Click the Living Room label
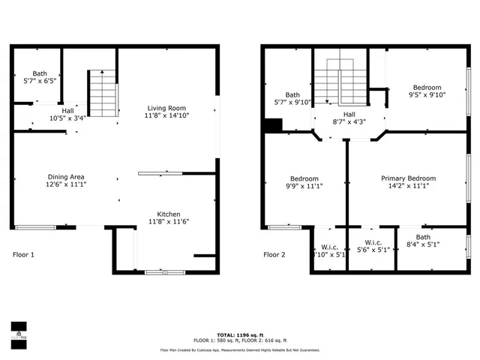(166, 108)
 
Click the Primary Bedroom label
(408, 178)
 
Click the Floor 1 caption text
(24, 255)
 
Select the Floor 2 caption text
(274, 255)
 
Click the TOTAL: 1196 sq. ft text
(239, 334)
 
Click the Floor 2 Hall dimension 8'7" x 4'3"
(349, 121)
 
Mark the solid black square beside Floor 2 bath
(275, 126)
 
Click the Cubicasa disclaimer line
(239, 349)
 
